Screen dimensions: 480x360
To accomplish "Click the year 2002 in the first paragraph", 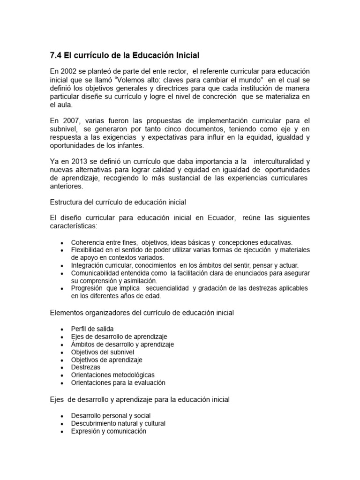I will pos(69,71).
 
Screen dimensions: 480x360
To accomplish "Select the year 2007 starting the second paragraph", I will pos(69,120).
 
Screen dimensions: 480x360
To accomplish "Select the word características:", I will pos(73,226).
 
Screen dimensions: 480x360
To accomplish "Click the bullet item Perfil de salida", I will pos(92,329).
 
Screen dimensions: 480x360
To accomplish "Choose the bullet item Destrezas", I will pos(85,367).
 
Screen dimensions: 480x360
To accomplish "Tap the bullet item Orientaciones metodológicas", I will pos(112,375).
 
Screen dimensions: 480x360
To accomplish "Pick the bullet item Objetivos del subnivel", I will pos(103,352).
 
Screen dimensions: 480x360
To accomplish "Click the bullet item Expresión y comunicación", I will pos(109,431).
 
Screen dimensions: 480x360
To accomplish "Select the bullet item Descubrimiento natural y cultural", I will pos(118,423).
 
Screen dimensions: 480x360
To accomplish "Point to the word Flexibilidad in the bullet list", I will pos(89,250).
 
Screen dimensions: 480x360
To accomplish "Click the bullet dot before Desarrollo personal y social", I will pos(62,416).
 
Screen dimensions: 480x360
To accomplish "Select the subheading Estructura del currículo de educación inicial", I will pos(118,202).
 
